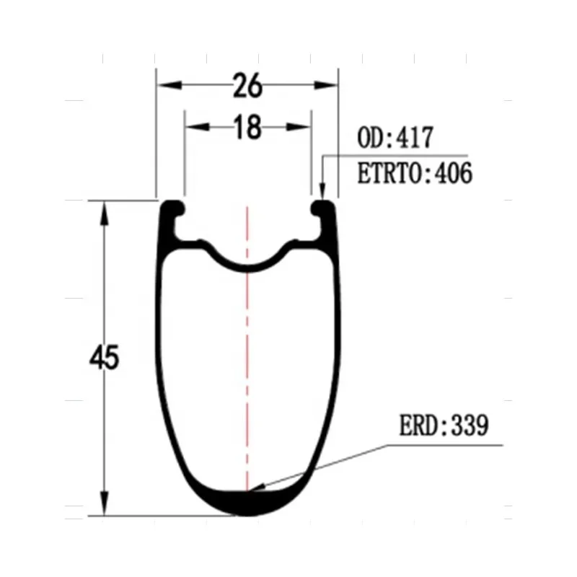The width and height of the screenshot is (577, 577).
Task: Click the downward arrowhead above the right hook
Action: click(x=322, y=190)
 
